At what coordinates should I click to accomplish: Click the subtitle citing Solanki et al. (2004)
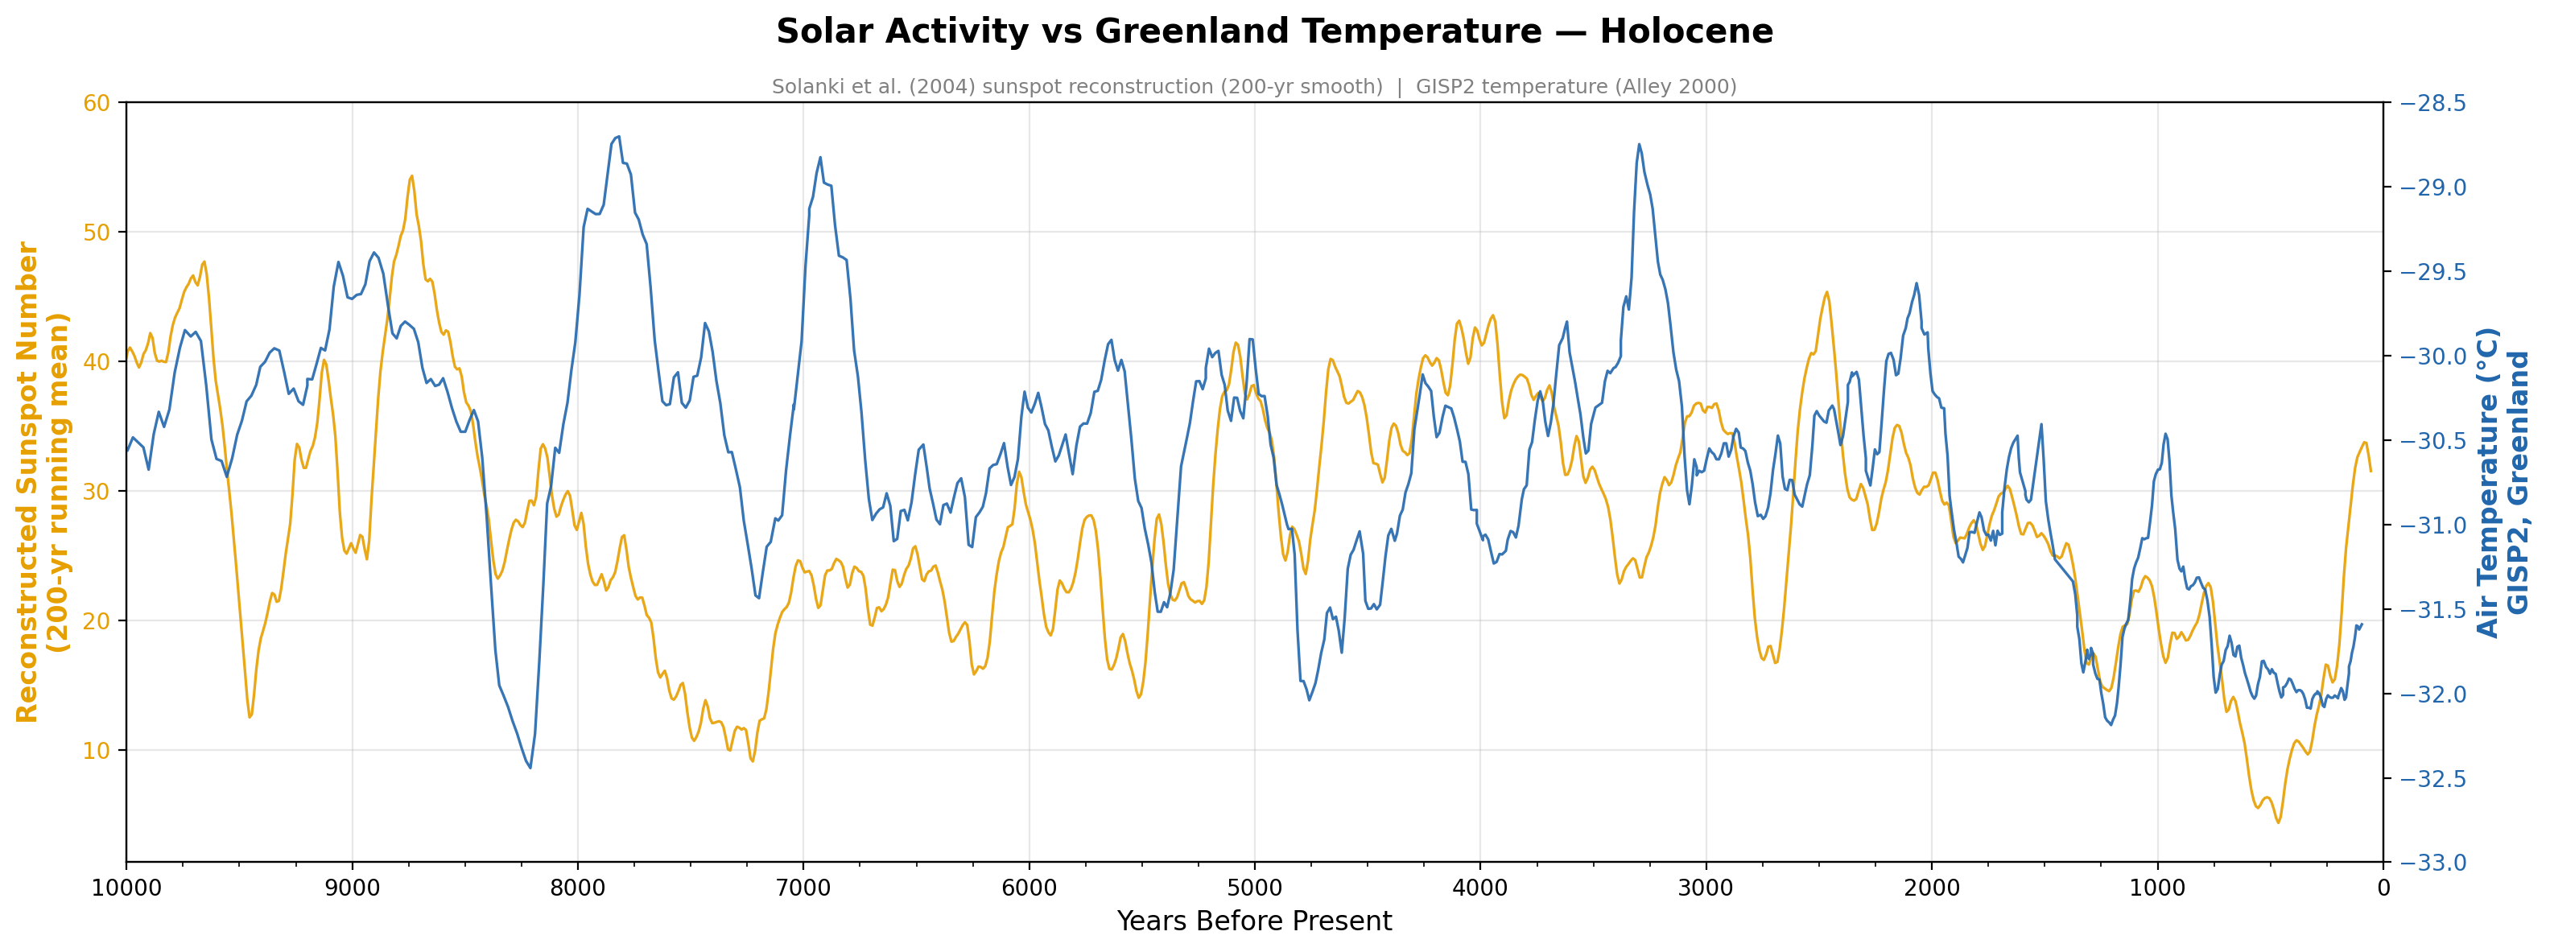tap(1253, 87)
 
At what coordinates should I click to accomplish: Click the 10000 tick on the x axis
tap(126, 888)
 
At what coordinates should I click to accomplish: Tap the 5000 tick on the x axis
tap(1254, 888)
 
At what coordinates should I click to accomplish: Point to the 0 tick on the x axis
tap(2383, 888)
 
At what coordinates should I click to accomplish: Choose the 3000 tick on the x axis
tap(1706, 888)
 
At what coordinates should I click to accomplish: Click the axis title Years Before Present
tap(1253, 921)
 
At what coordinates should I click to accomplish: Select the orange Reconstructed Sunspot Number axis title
tap(43, 482)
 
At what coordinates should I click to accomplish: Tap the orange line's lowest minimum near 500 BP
tap(2278, 822)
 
